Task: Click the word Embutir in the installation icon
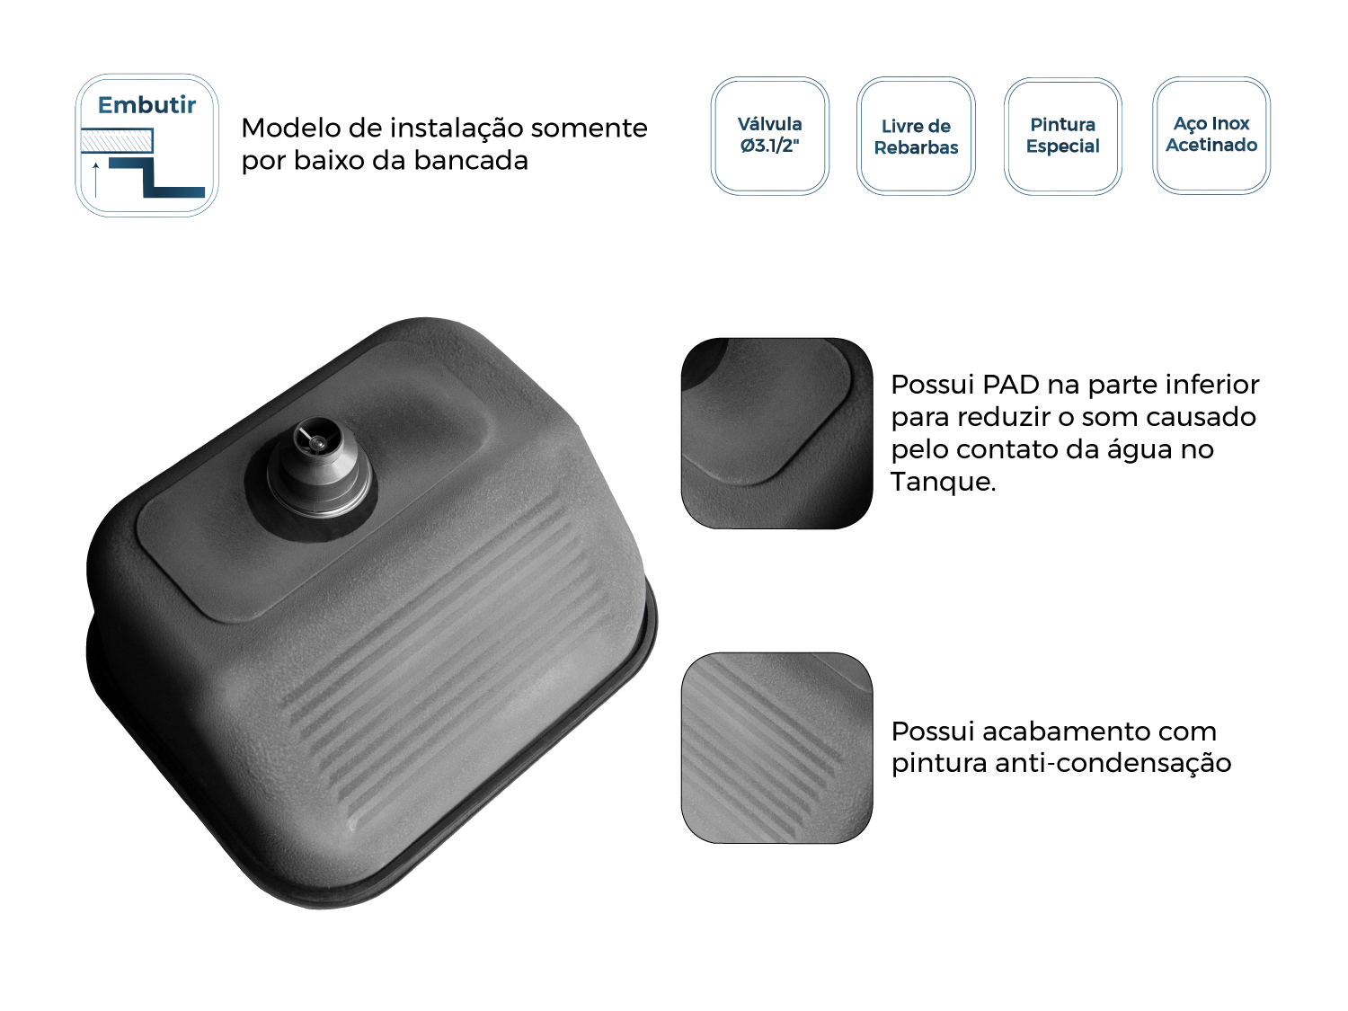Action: pyautogui.click(x=146, y=105)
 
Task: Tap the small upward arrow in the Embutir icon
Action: pyautogui.click(x=96, y=180)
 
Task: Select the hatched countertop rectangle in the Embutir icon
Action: pyautogui.click(x=117, y=140)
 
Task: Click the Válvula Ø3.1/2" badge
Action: pyautogui.click(x=769, y=136)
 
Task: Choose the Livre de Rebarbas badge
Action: pyautogui.click(x=916, y=136)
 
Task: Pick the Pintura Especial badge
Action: pyautogui.click(x=1062, y=136)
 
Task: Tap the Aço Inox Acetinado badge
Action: pyautogui.click(x=1211, y=135)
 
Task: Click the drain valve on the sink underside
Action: pyautogui.click(x=319, y=467)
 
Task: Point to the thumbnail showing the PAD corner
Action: pyautogui.click(x=776, y=433)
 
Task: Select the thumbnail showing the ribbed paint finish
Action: pyautogui.click(x=776, y=748)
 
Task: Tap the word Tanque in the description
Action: pyautogui.click(x=942, y=482)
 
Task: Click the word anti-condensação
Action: pyautogui.click(x=1113, y=764)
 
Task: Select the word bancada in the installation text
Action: pyautogui.click(x=471, y=161)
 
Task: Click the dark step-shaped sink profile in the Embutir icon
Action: pyautogui.click(x=156, y=177)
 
